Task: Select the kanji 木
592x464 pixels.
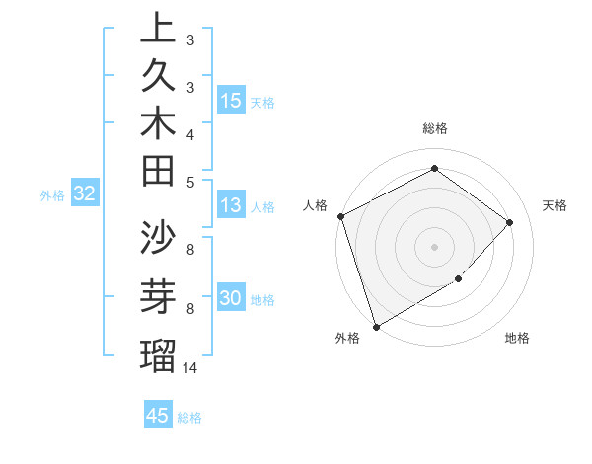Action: tap(158, 125)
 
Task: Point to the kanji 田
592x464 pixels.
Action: tap(158, 173)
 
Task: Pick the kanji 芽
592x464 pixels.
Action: tap(158, 296)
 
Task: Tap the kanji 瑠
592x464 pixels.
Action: tap(158, 353)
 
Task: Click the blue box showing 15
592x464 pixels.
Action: tap(231, 101)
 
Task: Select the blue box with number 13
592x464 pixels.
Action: tap(231, 205)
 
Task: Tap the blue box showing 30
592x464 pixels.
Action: tap(231, 299)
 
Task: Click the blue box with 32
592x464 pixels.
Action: tap(85, 194)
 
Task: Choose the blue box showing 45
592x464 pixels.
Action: tap(158, 416)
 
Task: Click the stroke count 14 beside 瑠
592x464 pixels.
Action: tap(189, 367)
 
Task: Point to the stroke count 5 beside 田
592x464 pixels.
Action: tap(189, 181)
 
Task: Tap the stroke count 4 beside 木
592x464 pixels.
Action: tap(189, 133)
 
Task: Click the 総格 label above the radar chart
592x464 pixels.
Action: tap(435, 128)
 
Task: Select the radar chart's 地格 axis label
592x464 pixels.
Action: tap(517, 339)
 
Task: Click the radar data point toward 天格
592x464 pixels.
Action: tap(510, 222)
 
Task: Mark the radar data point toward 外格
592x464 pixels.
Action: tap(376, 326)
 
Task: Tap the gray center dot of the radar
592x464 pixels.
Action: tap(434, 246)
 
